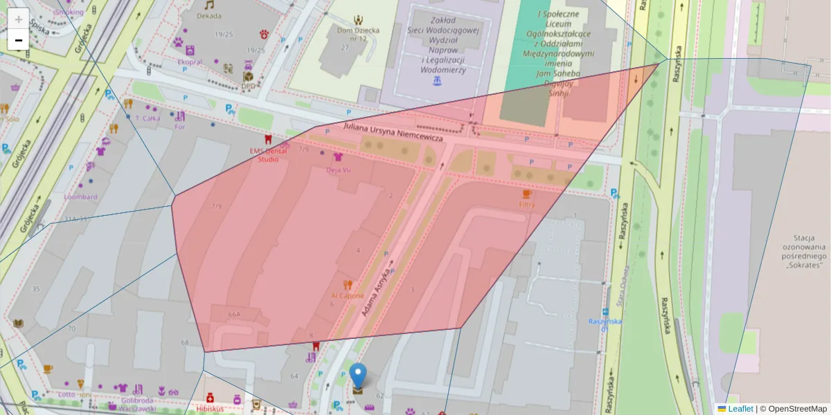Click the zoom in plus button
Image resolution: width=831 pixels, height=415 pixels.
[x=19, y=19]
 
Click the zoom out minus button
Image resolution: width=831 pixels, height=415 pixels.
[x=19, y=40]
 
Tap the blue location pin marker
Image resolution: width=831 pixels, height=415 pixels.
[x=357, y=376]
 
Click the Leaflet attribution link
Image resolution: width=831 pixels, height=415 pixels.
[x=740, y=409]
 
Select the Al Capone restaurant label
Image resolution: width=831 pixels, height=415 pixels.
[x=347, y=295]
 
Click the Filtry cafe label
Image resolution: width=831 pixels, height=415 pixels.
[x=527, y=205]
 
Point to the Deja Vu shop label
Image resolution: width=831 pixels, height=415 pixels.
[x=339, y=169]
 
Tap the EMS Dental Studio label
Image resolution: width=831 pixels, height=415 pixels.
[x=268, y=154]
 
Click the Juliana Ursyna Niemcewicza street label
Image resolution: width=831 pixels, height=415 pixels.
[x=393, y=133]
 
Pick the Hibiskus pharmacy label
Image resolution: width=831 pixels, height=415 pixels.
[x=209, y=408]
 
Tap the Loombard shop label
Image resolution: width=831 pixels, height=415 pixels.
[x=80, y=196]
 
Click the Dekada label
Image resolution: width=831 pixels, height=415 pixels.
[x=209, y=16]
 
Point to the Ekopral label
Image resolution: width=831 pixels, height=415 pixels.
[x=190, y=62]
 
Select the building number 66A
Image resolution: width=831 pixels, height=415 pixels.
[x=234, y=315]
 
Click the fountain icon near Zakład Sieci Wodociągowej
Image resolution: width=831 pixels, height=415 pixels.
[x=437, y=82]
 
